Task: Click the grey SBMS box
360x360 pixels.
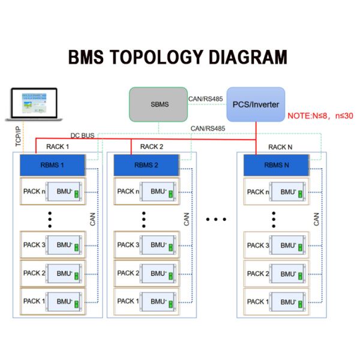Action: (x=160, y=104)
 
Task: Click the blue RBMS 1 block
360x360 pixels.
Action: (x=53, y=165)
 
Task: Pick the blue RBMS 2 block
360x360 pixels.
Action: (x=146, y=165)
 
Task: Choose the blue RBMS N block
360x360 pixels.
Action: (x=277, y=165)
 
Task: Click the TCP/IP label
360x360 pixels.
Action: (x=18, y=136)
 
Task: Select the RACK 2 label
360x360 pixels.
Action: (x=151, y=146)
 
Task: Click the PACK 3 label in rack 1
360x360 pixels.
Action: (x=34, y=245)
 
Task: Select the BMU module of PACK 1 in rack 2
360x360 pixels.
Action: (x=158, y=301)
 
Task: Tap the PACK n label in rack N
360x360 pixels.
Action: (x=258, y=191)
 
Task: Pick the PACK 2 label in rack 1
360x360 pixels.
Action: (x=34, y=273)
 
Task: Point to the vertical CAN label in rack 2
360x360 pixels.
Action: (x=187, y=218)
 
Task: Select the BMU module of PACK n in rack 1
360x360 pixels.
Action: (x=65, y=192)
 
